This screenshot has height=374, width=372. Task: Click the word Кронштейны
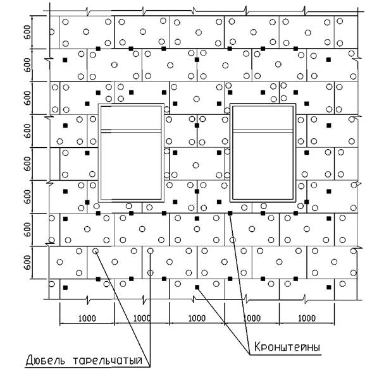pyautogui.click(x=287, y=347)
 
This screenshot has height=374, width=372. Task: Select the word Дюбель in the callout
pyautogui.click(x=45, y=360)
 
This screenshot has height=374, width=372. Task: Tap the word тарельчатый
pyautogui.click(x=108, y=360)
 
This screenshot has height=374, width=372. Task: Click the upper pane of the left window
pyautogui.click(x=131, y=118)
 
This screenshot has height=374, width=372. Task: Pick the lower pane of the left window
pyautogui.click(x=131, y=166)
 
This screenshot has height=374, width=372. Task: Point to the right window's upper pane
pyautogui.click(x=263, y=118)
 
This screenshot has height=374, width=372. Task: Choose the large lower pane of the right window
pyautogui.click(x=263, y=166)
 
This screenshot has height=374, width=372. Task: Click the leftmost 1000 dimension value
pyautogui.click(x=87, y=318)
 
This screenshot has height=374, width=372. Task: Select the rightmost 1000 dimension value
pyautogui.click(x=307, y=318)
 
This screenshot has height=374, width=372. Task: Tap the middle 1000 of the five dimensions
pyautogui.click(x=197, y=318)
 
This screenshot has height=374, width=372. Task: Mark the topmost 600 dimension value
pyautogui.click(x=27, y=32)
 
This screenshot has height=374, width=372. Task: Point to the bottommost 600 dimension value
pyautogui.click(x=27, y=262)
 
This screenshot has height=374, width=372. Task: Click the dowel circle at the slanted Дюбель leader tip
pyautogui.click(x=96, y=251)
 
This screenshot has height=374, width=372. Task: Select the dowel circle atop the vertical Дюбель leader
pyautogui.click(x=151, y=251)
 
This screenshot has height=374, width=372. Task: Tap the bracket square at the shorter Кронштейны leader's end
pyautogui.click(x=197, y=287)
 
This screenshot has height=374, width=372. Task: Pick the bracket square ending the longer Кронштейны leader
pyautogui.click(x=230, y=214)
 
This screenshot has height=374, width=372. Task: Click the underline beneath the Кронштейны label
pyautogui.click(x=285, y=354)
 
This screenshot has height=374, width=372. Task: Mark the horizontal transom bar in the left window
pyautogui.click(x=131, y=131)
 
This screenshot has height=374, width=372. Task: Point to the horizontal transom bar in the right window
pyautogui.click(x=263, y=131)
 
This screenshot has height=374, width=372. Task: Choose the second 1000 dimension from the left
pyautogui.click(x=142, y=318)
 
